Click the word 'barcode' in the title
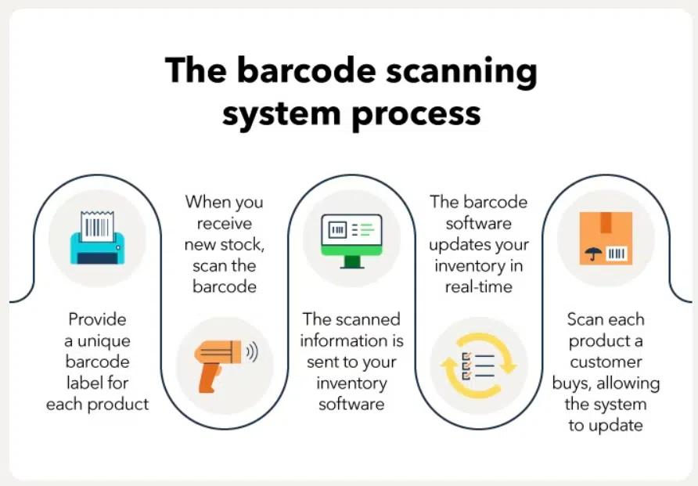tap(306, 70)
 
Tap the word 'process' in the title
tap(416, 115)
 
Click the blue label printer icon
tap(98, 238)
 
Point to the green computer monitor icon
tap(351, 241)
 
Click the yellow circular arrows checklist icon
tap(479, 365)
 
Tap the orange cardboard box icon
tap(606, 238)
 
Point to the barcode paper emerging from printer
tap(98, 226)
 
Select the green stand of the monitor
tap(352, 262)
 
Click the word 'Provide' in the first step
tap(98, 319)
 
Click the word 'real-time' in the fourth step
tap(479, 287)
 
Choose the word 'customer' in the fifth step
tap(606, 362)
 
